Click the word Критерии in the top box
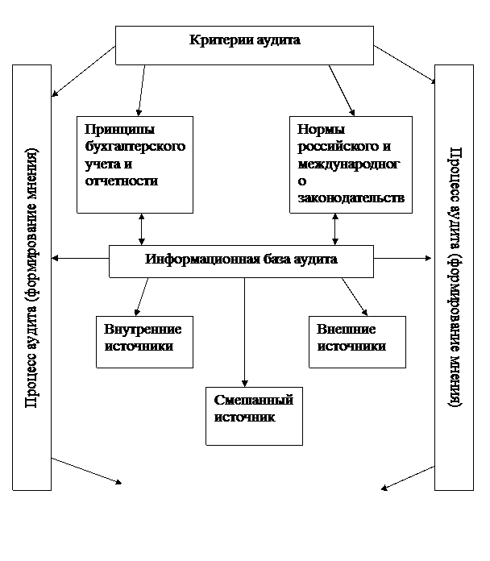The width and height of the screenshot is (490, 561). click(218, 40)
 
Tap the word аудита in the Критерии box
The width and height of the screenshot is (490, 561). click(276, 40)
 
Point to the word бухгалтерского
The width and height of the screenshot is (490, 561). click(135, 147)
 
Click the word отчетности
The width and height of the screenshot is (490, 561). click(121, 181)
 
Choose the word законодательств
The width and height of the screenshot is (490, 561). click(351, 197)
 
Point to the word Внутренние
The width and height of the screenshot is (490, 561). click(143, 330)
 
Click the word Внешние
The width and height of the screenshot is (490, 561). click(347, 330)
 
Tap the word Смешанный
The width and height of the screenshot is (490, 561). click(253, 401)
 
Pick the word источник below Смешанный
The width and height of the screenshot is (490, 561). click(245, 418)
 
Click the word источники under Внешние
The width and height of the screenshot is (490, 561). click(351, 347)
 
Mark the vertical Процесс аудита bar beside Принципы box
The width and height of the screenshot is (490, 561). click(32, 277)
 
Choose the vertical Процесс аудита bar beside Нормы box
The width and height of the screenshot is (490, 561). click(454, 277)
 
